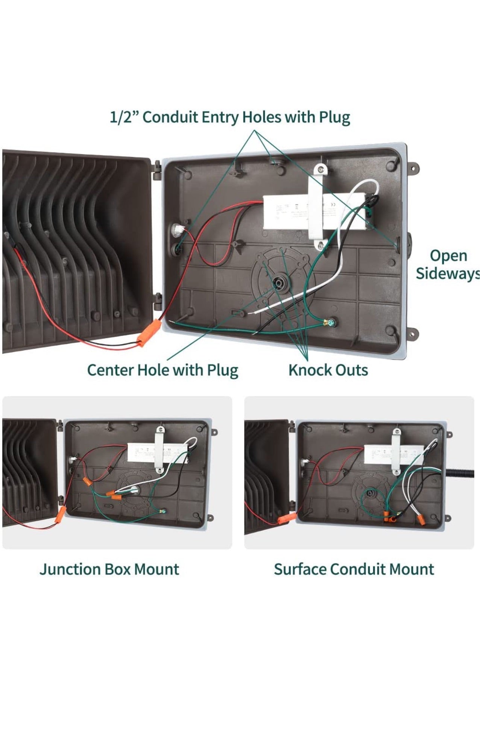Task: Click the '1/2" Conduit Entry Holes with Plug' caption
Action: click(x=229, y=117)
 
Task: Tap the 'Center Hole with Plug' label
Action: click(x=163, y=370)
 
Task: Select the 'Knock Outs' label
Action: click(x=328, y=370)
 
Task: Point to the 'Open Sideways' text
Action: click(x=448, y=264)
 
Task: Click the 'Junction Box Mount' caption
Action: click(x=109, y=569)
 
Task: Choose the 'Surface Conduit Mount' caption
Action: click(x=354, y=569)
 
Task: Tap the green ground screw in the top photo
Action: click(x=331, y=322)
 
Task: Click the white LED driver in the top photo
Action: click(x=286, y=213)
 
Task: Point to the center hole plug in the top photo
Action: click(x=279, y=283)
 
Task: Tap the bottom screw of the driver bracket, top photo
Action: click(x=321, y=246)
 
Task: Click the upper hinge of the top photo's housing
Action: click(x=157, y=170)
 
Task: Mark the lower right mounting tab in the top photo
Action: click(x=414, y=333)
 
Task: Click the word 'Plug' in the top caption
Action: click(x=334, y=117)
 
